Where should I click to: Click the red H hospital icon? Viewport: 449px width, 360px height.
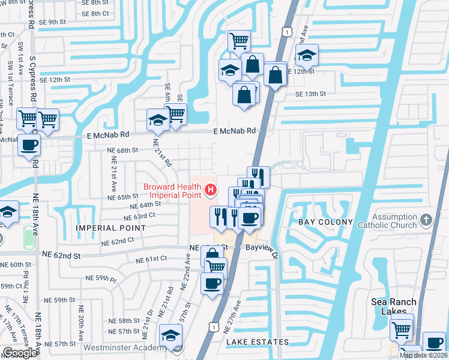(211, 191)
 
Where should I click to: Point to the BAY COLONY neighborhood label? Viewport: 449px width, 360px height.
(322, 222)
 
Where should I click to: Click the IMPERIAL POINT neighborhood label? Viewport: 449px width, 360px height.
(110, 228)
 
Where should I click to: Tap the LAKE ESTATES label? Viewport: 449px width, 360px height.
(258, 342)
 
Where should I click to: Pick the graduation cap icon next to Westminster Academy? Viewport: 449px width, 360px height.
(170, 335)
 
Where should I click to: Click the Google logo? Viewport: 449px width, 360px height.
(20, 353)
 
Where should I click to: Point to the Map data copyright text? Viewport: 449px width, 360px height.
(423, 355)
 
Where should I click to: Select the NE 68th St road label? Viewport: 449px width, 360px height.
(122, 150)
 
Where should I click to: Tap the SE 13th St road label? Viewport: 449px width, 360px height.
(310, 94)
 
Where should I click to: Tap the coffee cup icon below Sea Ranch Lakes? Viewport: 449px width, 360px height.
(434, 343)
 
